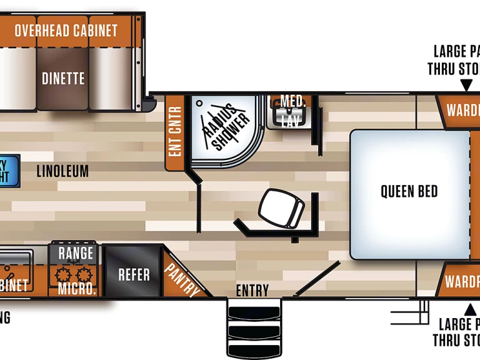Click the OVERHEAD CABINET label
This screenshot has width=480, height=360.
tap(66, 30)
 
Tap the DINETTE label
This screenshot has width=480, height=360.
tap(63, 79)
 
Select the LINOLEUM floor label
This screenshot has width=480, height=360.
tap(62, 171)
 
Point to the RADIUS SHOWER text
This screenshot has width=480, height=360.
tap(225, 127)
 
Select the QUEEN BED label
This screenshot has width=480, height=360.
tap(409, 191)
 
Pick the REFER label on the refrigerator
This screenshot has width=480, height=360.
tap(134, 274)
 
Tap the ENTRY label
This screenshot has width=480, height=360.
tap(252, 291)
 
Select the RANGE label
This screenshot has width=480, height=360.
tap(76, 253)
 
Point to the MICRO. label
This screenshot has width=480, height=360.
tap(77, 289)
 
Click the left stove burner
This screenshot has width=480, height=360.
tap(62, 274)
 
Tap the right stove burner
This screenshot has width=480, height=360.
tap(84, 274)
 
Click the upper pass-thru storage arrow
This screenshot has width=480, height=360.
tap(466, 85)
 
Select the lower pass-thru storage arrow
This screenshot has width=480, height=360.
tap(469, 309)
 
